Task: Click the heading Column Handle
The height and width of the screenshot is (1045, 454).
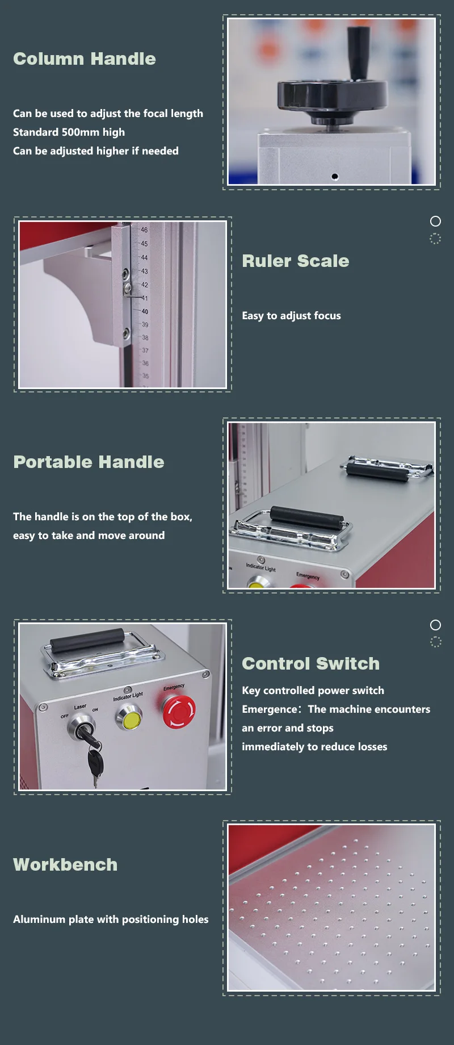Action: (x=85, y=59)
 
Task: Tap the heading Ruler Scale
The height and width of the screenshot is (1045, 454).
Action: (x=296, y=261)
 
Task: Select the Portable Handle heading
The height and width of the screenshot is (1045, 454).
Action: (x=89, y=462)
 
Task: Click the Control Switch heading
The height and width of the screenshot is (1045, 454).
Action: (x=311, y=664)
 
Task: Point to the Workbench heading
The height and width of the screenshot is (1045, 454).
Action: (x=65, y=865)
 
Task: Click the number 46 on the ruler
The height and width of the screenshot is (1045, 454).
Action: (x=144, y=230)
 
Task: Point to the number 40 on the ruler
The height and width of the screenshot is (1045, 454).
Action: (x=145, y=312)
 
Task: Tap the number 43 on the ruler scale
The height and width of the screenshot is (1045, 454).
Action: (x=144, y=271)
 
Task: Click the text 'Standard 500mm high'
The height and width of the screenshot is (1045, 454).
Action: (x=69, y=132)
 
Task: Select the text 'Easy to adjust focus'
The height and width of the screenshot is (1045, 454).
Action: (x=291, y=316)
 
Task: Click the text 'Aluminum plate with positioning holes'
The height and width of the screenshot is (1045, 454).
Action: (x=111, y=919)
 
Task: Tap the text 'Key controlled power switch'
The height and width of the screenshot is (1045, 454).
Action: (x=313, y=691)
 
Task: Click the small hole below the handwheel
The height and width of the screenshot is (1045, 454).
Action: (x=335, y=176)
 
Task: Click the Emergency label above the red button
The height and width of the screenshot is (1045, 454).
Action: (x=174, y=687)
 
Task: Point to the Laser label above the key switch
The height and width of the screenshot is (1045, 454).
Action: (x=80, y=707)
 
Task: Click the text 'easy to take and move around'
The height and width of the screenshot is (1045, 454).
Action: (x=89, y=536)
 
